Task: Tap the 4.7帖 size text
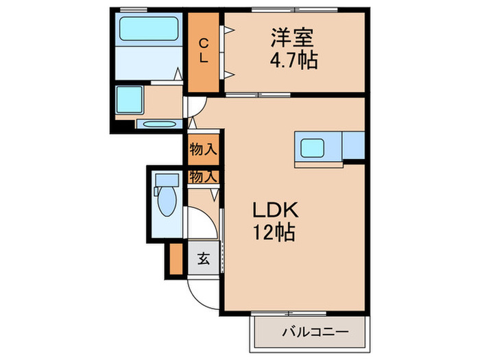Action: [x=293, y=60]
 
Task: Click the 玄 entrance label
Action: [x=204, y=259]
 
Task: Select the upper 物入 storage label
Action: [x=204, y=148]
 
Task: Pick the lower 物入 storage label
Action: [x=204, y=176]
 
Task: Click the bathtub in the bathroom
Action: [x=148, y=29]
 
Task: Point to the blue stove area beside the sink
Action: [x=352, y=145]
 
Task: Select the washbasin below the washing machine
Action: [x=158, y=125]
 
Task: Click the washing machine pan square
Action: [x=130, y=100]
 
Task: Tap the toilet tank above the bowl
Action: [x=165, y=180]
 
